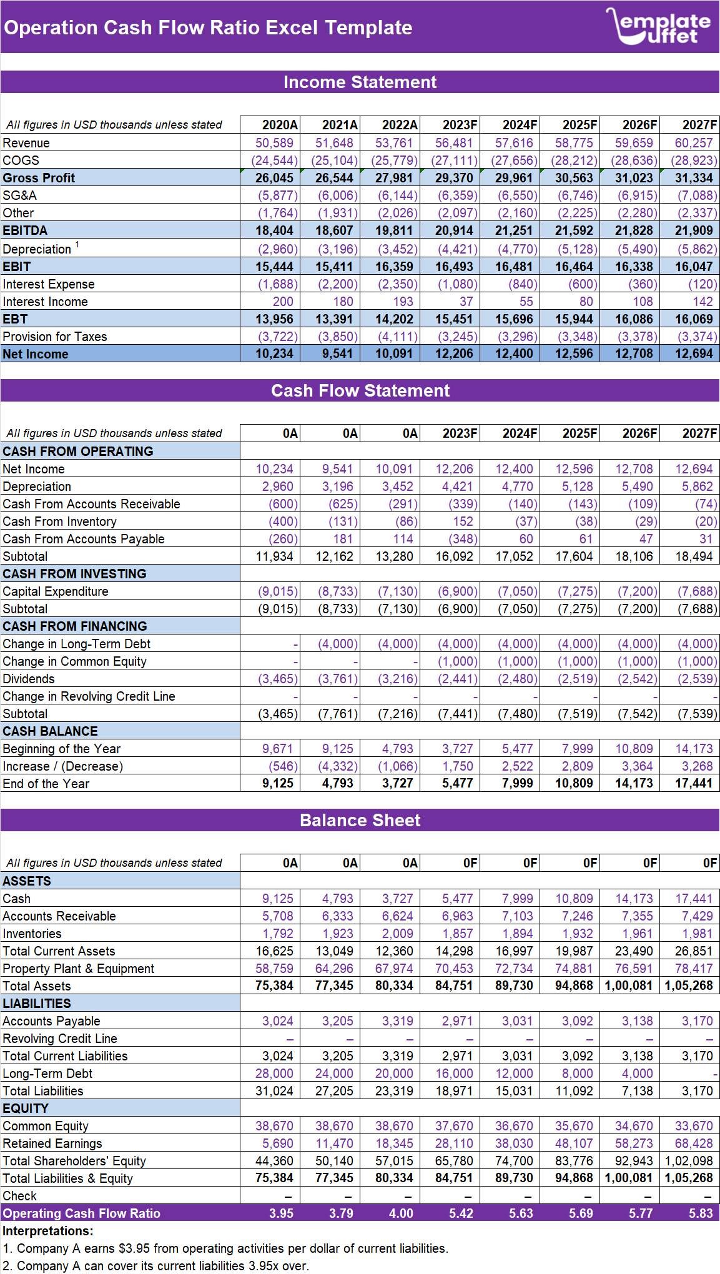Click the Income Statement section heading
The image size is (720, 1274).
click(360, 82)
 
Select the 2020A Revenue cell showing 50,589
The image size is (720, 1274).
click(274, 143)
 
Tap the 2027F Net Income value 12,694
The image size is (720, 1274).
click(693, 353)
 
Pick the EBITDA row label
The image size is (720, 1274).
click(25, 230)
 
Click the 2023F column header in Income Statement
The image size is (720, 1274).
click(460, 125)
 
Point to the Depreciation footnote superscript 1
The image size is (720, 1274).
click(77, 245)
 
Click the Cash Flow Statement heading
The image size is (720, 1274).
click(360, 390)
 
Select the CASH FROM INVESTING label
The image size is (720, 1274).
click(74, 574)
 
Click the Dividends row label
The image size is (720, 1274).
click(29, 679)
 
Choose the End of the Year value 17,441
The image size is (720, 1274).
click(693, 783)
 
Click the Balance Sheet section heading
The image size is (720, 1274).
click(360, 820)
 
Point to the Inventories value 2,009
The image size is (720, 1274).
click(397, 934)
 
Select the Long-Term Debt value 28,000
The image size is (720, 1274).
click(274, 1074)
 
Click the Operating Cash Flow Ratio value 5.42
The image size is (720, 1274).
click(461, 1213)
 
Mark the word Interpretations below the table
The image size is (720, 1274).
click(47, 1231)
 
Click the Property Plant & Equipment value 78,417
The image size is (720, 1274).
click(693, 969)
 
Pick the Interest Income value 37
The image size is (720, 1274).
click(466, 302)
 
